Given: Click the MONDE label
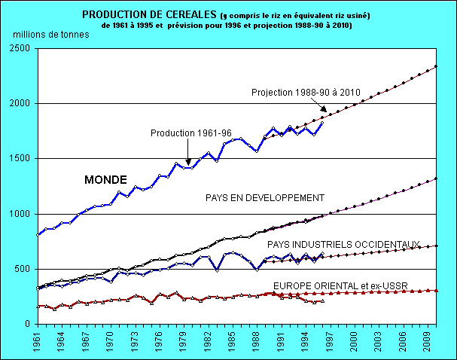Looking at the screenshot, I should (105, 180).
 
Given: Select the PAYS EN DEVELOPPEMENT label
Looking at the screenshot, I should (264, 198).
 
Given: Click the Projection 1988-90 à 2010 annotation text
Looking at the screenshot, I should (306, 93).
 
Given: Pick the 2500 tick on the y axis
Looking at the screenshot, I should (21, 48).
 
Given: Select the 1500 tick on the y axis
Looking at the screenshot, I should (21, 159).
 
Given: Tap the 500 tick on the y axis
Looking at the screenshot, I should (24, 269).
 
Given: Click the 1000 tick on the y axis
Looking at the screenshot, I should (21, 214).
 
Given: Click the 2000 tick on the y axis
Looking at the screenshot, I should (21, 103).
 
